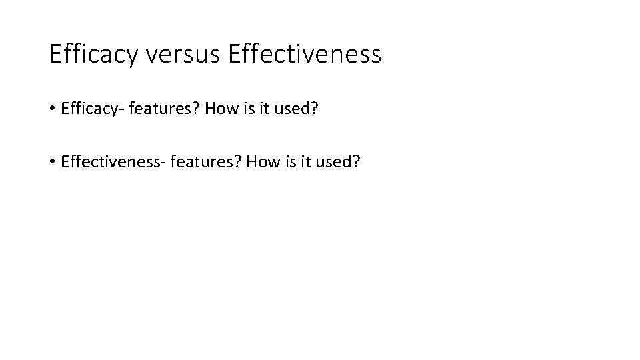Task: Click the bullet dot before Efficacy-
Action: pyautogui.click(x=53, y=109)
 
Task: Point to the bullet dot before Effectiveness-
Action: pyautogui.click(x=53, y=162)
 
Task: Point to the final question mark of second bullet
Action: pyautogui.click(x=355, y=162)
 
